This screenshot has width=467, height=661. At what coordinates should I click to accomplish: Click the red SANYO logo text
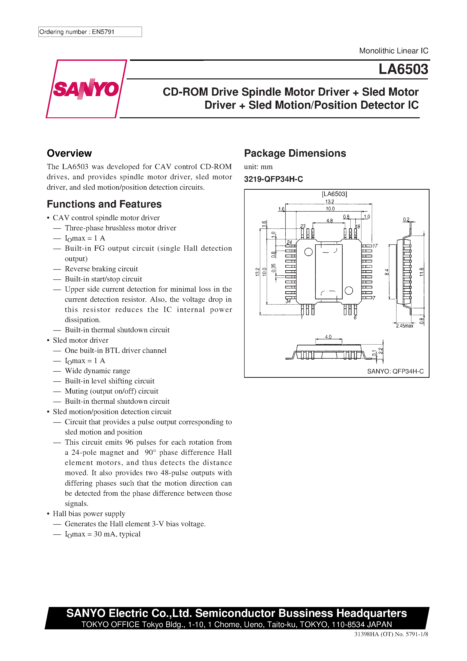[x=86, y=89]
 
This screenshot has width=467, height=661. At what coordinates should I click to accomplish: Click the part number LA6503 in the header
[x=403, y=69]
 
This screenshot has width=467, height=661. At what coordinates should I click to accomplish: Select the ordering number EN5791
[x=103, y=32]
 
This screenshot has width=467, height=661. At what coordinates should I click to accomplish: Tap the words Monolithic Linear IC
[x=393, y=51]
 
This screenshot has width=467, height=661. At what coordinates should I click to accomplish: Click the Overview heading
[x=69, y=153]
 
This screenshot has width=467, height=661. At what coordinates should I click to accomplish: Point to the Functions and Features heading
[x=104, y=204]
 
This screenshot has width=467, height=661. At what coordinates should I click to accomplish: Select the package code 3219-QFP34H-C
[x=273, y=179]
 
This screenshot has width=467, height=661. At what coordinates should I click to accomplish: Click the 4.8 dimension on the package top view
[x=329, y=221]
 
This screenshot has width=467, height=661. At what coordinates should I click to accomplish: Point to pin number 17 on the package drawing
[x=375, y=246]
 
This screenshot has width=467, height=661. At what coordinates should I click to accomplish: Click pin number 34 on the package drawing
[x=288, y=301]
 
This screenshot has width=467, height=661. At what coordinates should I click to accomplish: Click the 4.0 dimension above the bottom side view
[x=328, y=337]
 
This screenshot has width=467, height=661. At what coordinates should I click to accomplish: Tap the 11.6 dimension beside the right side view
[x=422, y=272]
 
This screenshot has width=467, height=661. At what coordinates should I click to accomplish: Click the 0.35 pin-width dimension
[x=274, y=268]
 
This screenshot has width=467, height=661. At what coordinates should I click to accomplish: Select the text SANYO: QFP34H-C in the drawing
[x=395, y=371]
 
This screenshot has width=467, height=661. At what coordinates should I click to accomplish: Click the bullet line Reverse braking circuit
[x=101, y=269]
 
